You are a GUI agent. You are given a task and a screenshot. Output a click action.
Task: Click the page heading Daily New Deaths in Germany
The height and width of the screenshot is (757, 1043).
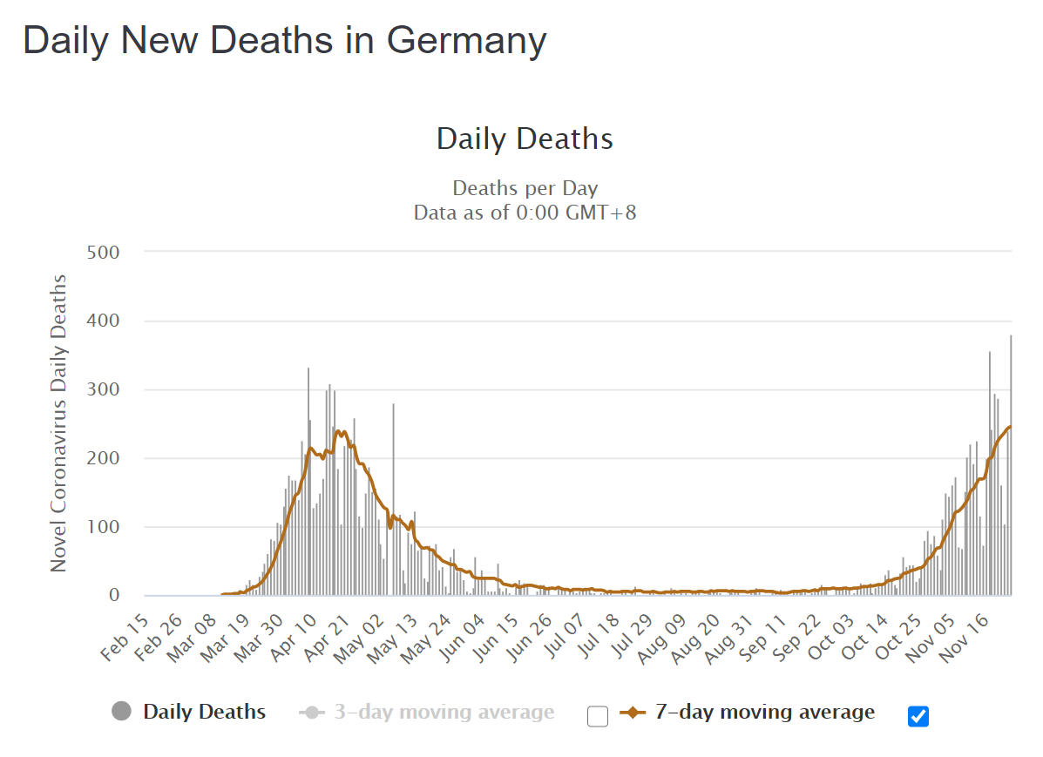coord(285,40)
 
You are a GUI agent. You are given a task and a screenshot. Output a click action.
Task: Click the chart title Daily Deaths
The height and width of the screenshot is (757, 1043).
coord(525,139)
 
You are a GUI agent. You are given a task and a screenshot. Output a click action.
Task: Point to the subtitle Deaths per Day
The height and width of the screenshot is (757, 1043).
coord(525,188)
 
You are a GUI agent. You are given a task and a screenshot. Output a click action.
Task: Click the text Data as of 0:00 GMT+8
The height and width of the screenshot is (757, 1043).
coord(525,212)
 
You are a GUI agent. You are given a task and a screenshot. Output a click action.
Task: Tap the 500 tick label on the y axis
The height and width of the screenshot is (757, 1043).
coord(105,253)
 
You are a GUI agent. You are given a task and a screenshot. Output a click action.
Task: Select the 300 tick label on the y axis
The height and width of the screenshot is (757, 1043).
coord(105,389)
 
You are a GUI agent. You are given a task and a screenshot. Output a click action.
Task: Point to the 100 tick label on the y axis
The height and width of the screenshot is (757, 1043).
coord(105,527)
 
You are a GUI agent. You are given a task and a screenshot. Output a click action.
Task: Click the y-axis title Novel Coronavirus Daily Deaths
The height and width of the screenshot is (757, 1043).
coord(58,422)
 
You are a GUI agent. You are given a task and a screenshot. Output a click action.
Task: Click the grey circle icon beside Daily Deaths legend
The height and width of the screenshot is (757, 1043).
coord(122,712)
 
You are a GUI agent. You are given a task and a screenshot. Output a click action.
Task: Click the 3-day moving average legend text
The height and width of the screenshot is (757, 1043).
coord(444,713)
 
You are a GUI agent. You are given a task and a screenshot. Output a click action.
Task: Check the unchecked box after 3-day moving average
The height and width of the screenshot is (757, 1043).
coord(598,716)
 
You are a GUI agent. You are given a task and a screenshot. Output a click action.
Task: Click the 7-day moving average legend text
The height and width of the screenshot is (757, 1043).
coord(764,713)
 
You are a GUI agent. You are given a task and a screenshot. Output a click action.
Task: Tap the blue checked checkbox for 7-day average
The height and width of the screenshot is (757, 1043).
coord(918,716)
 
